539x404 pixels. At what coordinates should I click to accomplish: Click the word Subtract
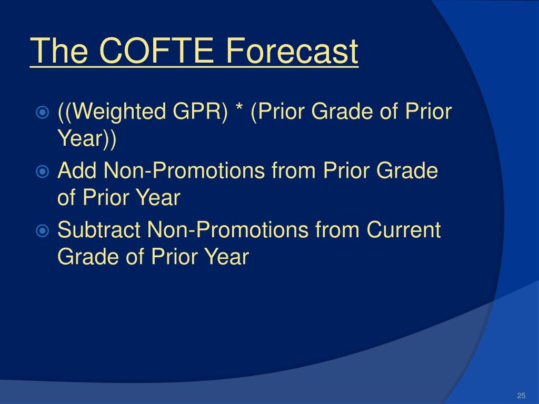tap(98, 229)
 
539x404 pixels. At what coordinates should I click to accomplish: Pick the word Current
tap(403, 229)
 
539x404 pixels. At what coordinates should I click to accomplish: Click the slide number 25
tap(521, 396)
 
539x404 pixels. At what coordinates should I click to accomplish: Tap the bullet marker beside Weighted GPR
tap(42, 113)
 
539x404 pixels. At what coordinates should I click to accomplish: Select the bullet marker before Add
tap(42, 171)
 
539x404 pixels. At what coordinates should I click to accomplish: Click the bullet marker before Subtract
tap(42, 230)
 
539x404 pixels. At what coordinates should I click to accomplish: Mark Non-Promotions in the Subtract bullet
tap(227, 229)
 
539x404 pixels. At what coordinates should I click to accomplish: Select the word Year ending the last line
tap(226, 256)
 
